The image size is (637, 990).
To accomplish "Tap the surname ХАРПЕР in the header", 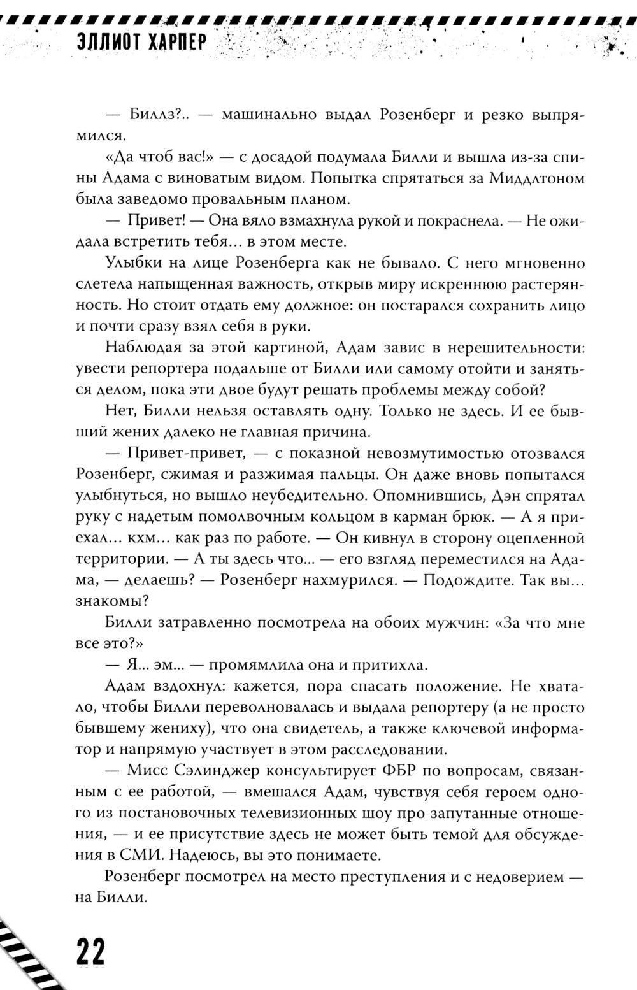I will coord(180,42).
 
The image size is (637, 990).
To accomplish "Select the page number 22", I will coord(90,953).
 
